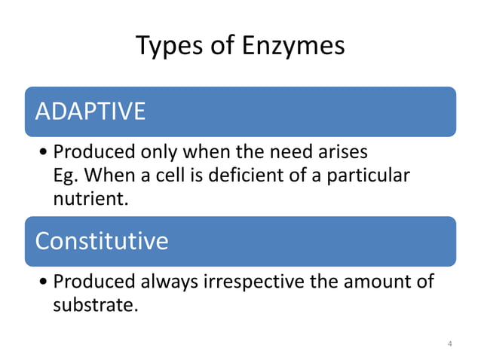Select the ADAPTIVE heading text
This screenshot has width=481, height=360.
[90, 111]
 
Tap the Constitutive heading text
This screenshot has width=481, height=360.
[102, 241]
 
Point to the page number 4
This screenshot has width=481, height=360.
[450, 344]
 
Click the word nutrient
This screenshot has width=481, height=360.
[87, 200]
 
